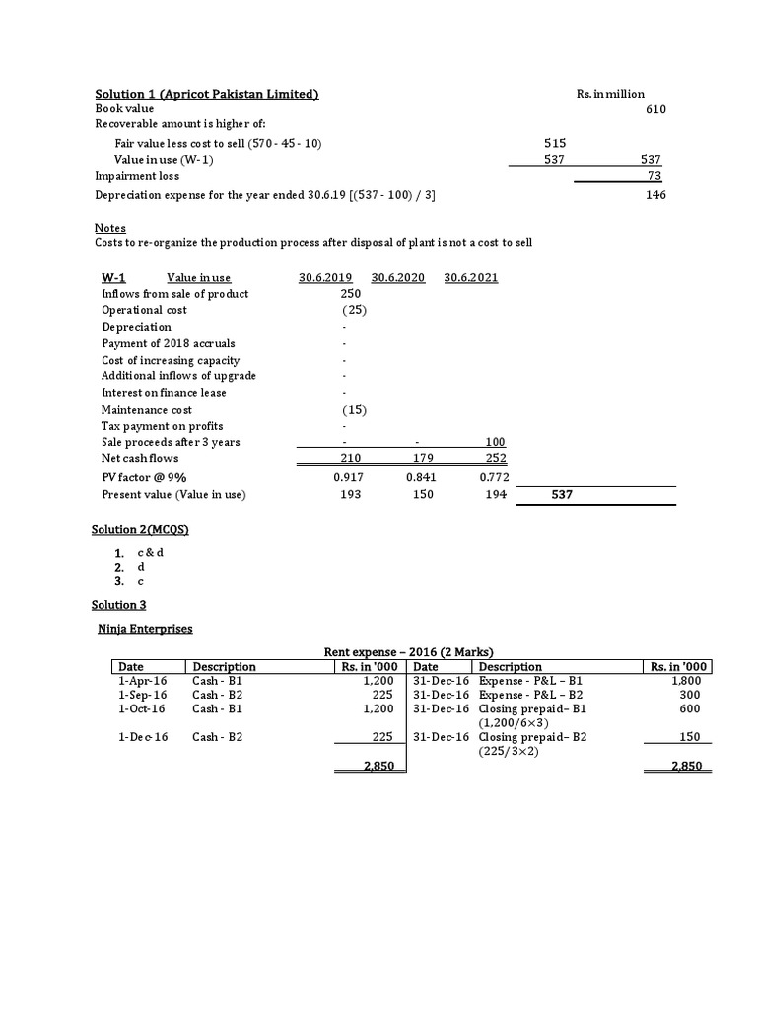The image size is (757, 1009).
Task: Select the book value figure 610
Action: [655, 109]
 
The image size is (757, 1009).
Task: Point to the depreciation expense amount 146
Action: [655, 195]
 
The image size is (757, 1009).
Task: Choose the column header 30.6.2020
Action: [398, 278]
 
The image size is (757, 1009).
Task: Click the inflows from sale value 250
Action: [351, 294]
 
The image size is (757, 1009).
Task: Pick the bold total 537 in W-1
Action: [560, 495]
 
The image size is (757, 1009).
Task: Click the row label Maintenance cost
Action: [147, 409]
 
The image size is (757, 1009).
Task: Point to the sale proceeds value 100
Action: [495, 442]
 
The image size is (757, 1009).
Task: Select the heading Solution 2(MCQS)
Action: [140, 530]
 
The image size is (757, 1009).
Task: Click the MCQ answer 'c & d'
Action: [150, 552]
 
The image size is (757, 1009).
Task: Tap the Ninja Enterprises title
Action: [144, 628]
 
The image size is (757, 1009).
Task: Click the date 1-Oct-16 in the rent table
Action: [141, 708]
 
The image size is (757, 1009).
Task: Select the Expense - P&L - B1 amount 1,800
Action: [684, 681]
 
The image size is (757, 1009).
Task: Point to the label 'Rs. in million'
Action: [611, 94]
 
